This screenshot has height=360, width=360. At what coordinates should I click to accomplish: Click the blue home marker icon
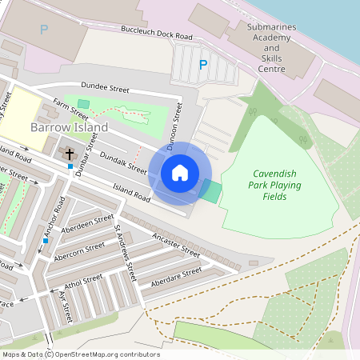180,172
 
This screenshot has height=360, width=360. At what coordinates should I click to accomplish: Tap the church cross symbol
70,152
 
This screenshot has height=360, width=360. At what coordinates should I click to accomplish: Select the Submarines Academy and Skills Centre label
271,48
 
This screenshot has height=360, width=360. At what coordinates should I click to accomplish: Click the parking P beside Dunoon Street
203,65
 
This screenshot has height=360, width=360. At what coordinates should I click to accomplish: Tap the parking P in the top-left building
42,30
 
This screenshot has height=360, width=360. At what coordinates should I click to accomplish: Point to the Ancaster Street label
175,245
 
